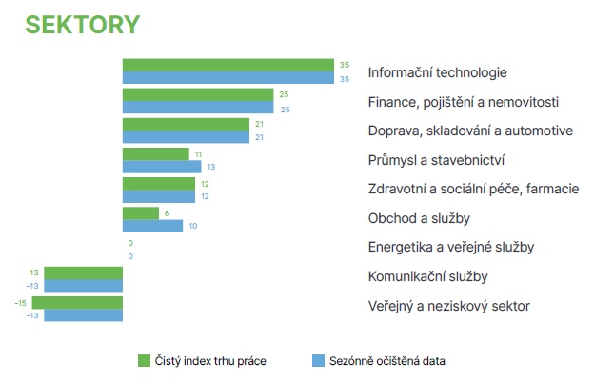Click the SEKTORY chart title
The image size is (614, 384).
click(x=83, y=25)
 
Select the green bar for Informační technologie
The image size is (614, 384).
click(x=228, y=65)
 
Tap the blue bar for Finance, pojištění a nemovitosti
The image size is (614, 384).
click(x=198, y=108)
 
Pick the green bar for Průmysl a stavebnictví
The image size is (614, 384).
click(x=156, y=154)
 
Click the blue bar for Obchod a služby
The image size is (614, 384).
click(x=152, y=226)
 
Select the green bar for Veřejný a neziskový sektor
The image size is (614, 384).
click(x=77, y=302)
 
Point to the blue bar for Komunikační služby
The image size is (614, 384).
click(x=84, y=286)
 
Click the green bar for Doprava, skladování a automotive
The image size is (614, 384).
click(x=186, y=124)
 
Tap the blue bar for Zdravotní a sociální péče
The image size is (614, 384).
click(x=159, y=196)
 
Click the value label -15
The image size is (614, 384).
click(x=20, y=303)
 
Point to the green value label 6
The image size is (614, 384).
click(x=168, y=213)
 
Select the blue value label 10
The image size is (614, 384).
click(x=193, y=226)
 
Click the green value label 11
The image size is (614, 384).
click(x=198, y=154)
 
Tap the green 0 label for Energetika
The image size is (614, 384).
click(x=130, y=243)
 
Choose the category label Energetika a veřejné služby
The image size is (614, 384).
click(x=451, y=247)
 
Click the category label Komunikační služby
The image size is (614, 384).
click(x=428, y=276)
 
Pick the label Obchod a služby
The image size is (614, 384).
click(x=419, y=218)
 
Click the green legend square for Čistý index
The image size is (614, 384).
click(x=144, y=361)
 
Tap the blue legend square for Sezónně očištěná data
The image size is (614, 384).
click(x=318, y=361)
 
